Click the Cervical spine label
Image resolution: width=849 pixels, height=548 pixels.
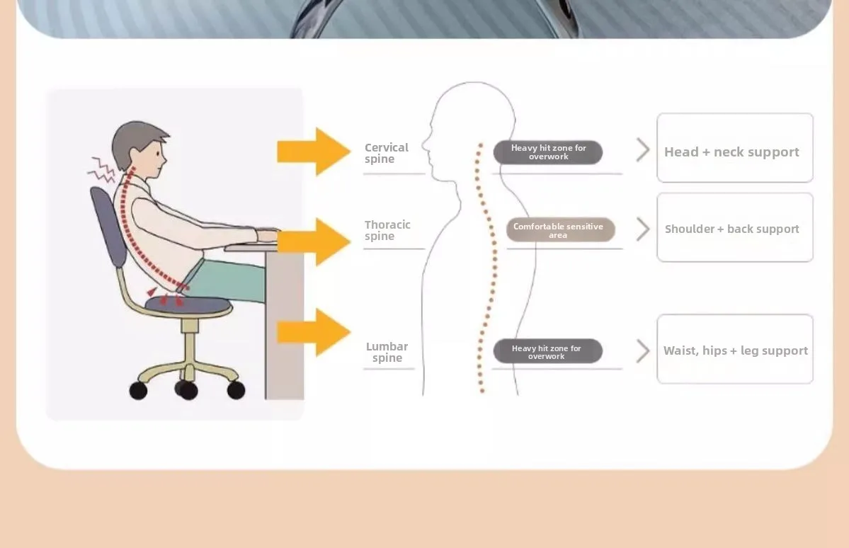(x=386, y=153)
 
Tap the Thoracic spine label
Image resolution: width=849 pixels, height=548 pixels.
(x=387, y=230)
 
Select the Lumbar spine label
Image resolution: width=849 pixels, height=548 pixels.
(x=387, y=352)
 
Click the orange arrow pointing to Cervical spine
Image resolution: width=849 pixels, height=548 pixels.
(x=314, y=152)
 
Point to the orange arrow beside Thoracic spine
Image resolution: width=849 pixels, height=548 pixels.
(x=314, y=241)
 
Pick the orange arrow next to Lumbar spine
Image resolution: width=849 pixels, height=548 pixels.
(x=314, y=332)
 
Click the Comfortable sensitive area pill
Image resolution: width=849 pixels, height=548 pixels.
(x=560, y=230)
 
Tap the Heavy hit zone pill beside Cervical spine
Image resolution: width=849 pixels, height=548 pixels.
(x=548, y=152)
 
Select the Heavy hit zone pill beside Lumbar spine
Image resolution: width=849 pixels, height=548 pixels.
(x=548, y=351)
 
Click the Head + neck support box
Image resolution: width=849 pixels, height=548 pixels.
(x=735, y=148)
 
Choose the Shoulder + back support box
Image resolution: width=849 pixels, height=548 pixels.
(x=735, y=227)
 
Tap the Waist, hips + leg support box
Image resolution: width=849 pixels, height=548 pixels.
(x=735, y=349)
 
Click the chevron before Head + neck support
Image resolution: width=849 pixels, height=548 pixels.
(x=643, y=149)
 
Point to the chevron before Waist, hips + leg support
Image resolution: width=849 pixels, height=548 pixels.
(x=643, y=351)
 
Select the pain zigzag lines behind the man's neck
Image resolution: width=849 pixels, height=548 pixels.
(x=101, y=170)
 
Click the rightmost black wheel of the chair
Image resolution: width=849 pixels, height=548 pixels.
(x=236, y=390)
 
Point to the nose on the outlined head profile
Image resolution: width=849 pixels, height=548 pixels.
(x=425, y=144)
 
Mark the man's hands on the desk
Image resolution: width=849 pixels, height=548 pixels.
(x=268, y=235)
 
